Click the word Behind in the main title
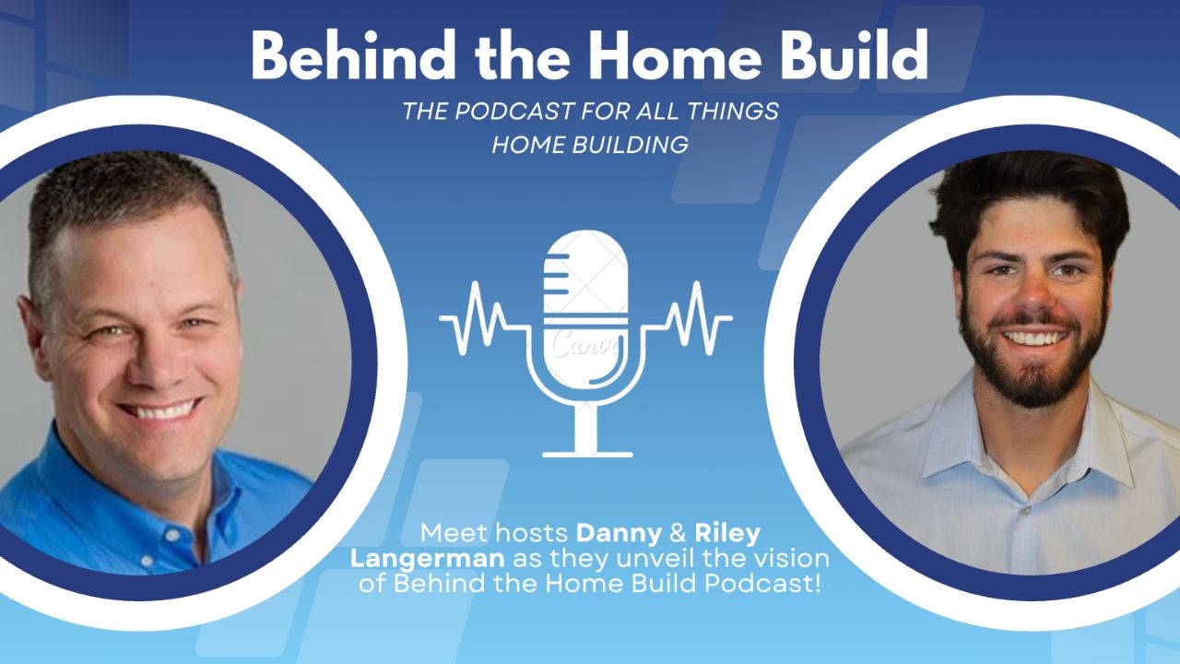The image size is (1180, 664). (352, 54)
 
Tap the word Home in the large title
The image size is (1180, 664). (675, 54)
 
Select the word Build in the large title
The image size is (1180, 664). (854, 54)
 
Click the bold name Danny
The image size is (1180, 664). (619, 534)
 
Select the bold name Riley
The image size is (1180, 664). (727, 534)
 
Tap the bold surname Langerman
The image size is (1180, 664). (427, 560)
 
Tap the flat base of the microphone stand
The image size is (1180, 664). (587, 455)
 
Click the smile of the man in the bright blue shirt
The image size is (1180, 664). (159, 409)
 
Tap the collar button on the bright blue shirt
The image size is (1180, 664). (172, 535)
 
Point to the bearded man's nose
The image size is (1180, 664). (1033, 295)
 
